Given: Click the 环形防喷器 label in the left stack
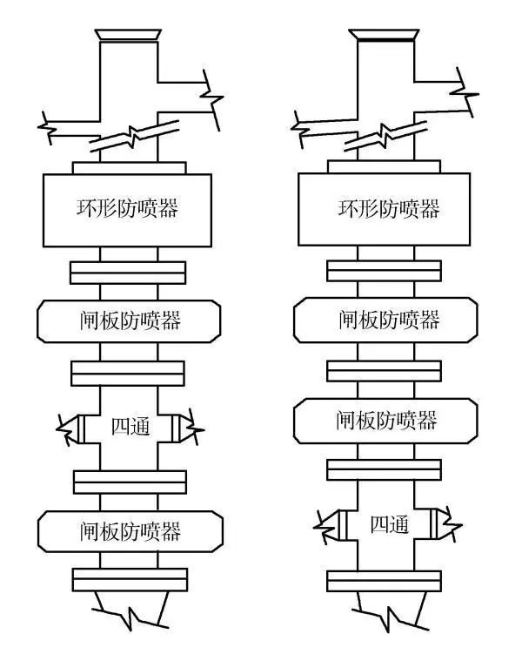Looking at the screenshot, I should (x=129, y=209).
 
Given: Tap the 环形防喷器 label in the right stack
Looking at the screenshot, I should (x=388, y=209).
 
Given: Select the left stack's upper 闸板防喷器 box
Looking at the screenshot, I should (x=129, y=320).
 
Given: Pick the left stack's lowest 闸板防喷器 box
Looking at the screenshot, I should (x=130, y=529).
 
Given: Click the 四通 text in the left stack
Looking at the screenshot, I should (x=131, y=428).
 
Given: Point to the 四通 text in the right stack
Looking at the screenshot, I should (x=389, y=525).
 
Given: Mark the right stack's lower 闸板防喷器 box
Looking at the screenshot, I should (x=386, y=421).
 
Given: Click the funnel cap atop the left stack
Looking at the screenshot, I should (x=129, y=36).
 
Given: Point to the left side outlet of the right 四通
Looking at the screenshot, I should (x=337, y=525).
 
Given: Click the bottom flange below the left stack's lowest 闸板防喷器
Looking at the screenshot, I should (x=129, y=579).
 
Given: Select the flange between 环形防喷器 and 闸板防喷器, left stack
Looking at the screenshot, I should (x=129, y=272).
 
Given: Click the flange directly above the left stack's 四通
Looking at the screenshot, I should (x=129, y=373).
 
